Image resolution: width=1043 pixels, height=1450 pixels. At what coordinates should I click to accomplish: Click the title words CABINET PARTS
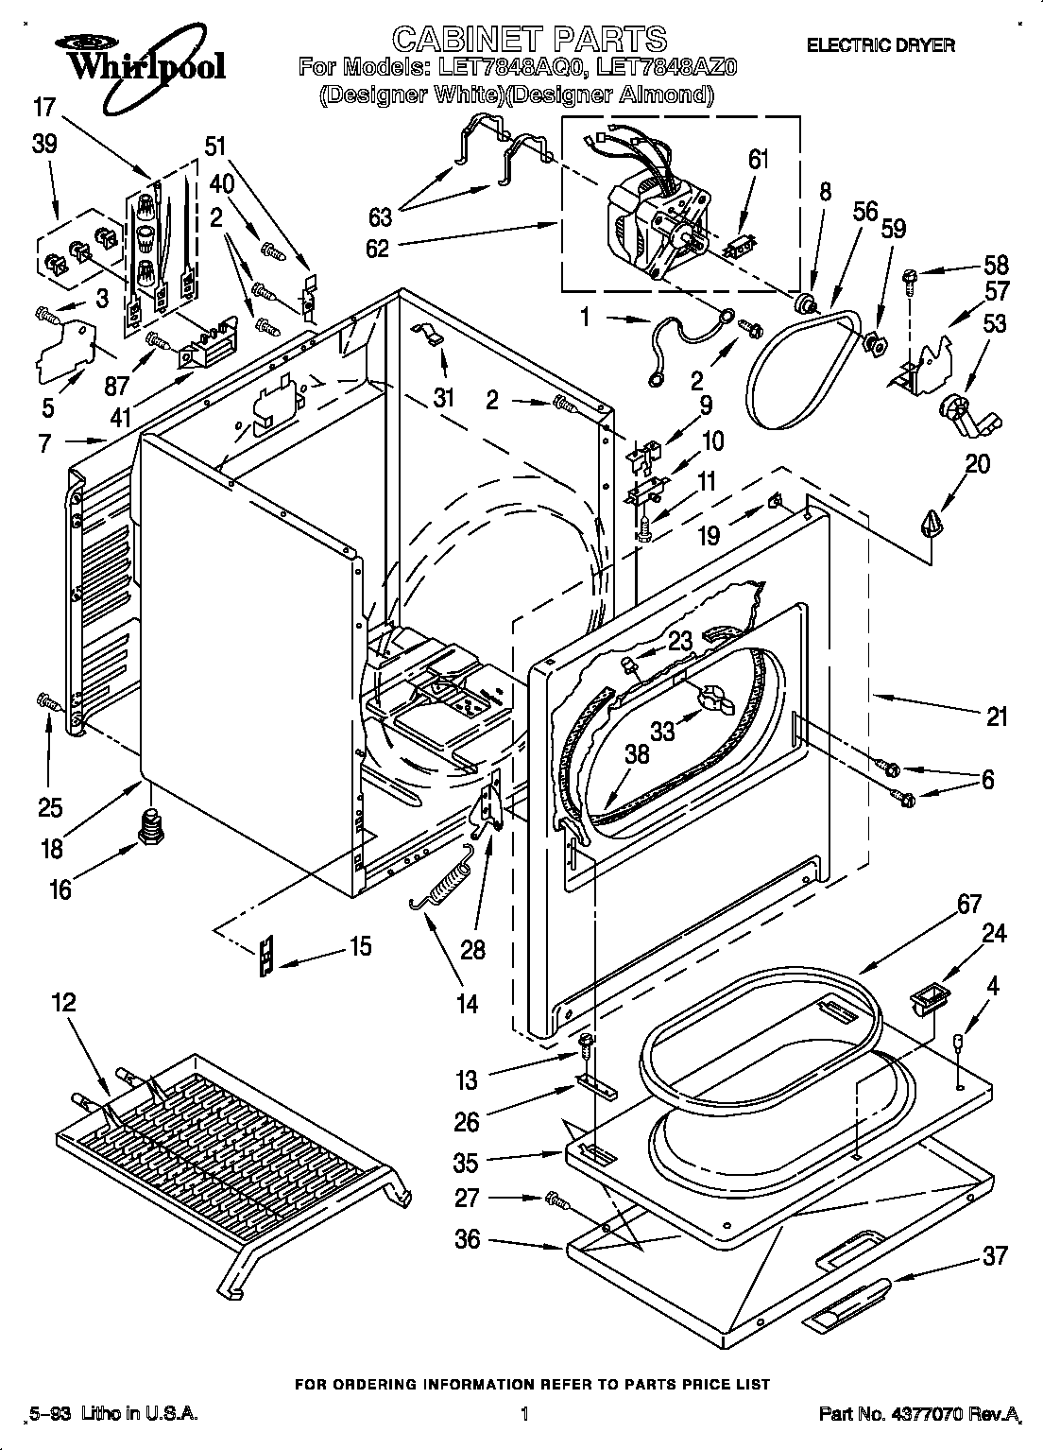(x=529, y=39)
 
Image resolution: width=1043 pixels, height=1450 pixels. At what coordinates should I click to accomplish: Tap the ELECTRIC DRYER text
(x=880, y=44)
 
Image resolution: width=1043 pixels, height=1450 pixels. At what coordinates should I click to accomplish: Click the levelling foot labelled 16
(x=147, y=824)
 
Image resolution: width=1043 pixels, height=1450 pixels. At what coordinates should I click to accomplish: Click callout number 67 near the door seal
(x=968, y=904)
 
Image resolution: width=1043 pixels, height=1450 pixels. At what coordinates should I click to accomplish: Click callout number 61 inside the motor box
(x=759, y=159)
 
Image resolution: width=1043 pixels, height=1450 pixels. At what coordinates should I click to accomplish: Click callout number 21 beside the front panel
(x=996, y=716)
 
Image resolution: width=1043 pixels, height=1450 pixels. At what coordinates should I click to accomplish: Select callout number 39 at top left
(x=44, y=144)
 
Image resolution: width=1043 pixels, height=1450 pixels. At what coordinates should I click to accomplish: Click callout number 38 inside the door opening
(x=637, y=753)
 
